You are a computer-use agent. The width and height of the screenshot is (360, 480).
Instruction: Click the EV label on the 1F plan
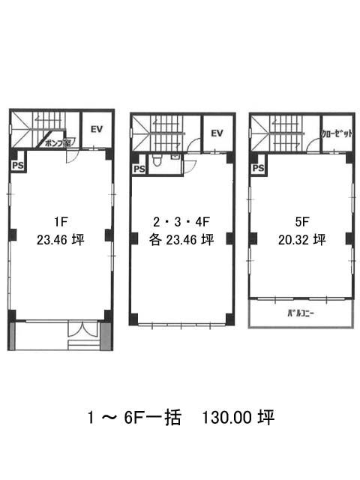[97, 129]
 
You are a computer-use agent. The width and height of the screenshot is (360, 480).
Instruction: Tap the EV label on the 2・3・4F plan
[217, 133]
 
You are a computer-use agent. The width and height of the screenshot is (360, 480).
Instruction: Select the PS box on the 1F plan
[18, 166]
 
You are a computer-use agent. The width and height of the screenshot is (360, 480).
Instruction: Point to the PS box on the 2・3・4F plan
[139, 169]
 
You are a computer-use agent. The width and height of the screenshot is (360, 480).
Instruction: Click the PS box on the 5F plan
[258, 168]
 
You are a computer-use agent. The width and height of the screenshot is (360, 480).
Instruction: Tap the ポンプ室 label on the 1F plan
[58, 142]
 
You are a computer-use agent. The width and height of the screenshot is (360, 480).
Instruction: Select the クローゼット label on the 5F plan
[337, 133]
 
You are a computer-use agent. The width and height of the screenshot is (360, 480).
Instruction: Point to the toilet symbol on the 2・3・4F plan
[157, 160]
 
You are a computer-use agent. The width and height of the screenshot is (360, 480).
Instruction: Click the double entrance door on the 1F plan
[82, 328]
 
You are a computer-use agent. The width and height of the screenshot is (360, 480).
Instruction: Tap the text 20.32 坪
[301, 240]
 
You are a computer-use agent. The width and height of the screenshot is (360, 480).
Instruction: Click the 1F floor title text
[61, 221]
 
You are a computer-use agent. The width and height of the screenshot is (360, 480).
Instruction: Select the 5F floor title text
[301, 222]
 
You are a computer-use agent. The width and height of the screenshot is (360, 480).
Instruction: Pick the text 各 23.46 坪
[181, 240]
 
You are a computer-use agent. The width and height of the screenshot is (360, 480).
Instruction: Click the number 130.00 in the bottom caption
[226, 417]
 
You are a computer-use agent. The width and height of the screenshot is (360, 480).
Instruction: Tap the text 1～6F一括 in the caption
[134, 417]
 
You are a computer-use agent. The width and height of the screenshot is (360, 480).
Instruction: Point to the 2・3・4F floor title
[181, 222]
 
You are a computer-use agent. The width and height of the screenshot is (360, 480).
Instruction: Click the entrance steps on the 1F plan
[83, 345]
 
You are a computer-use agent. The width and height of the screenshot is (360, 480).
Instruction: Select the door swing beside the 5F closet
[313, 145]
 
